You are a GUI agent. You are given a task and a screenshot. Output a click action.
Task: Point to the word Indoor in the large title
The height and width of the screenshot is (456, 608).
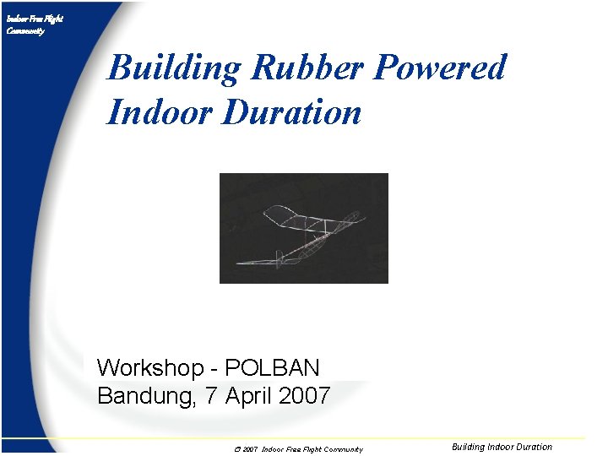pyautogui.click(x=157, y=112)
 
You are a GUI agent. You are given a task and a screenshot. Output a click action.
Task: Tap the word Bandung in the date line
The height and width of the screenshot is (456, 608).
pyautogui.click(x=145, y=395)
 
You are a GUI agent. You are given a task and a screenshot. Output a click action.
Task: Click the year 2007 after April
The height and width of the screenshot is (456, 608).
pyautogui.click(x=304, y=395)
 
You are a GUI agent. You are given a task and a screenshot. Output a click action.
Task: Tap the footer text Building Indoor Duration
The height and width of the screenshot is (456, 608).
pyautogui.click(x=502, y=448)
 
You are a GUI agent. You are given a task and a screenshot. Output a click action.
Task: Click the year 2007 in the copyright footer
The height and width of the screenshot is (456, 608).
pyautogui.click(x=248, y=449)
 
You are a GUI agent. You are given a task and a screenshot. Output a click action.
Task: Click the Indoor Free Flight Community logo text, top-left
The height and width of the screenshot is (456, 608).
pyautogui.click(x=34, y=24)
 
